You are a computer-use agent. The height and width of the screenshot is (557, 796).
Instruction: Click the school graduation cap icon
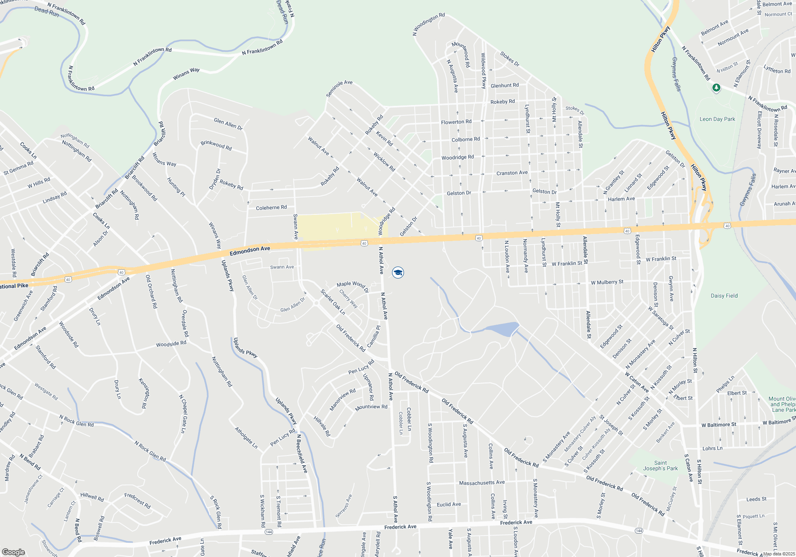click(398, 273)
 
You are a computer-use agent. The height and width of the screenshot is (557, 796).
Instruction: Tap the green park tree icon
click(716, 88)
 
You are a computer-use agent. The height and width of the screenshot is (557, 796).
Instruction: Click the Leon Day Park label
click(717, 119)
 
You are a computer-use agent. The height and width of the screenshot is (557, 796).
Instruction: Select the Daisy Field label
click(724, 296)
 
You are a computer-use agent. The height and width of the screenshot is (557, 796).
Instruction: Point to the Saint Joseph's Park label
click(660, 465)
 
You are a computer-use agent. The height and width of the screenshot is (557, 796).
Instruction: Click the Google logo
click(13, 552)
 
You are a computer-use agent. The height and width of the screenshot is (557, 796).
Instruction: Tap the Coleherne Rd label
click(271, 208)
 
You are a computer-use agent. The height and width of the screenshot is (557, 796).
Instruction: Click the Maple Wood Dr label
click(352, 285)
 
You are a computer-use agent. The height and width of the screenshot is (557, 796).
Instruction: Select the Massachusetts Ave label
click(482, 483)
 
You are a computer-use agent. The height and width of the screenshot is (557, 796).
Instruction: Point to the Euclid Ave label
click(449, 504)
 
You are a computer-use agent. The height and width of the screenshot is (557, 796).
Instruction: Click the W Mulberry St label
click(607, 282)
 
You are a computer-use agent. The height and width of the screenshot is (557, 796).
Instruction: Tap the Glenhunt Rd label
click(504, 86)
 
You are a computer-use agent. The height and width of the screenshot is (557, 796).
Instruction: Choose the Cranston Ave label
click(512, 173)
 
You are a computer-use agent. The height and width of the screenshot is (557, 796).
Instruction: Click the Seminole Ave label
click(339, 88)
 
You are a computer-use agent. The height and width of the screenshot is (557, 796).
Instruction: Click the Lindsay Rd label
click(55, 198)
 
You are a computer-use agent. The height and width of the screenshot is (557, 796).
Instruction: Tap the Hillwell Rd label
click(92, 497)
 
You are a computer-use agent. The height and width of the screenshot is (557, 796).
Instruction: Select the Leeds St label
click(756, 499)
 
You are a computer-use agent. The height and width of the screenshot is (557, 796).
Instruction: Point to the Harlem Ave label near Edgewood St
click(621, 199)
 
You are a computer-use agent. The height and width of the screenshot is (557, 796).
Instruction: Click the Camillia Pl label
click(374, 336)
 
